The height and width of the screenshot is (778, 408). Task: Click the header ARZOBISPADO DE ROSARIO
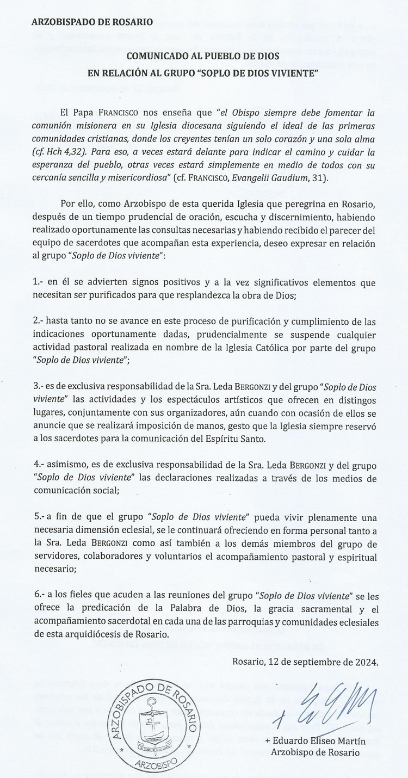[x=92, y=22]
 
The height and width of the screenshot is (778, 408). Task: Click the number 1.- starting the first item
[x=39, y=283]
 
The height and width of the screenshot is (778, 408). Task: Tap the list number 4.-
[x=39, y=466]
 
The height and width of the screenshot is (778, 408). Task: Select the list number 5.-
[x=39, y=517]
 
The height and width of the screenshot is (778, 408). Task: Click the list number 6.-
[x=39, y=596]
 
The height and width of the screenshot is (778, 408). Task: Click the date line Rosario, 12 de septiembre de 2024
[x=305, y=662]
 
